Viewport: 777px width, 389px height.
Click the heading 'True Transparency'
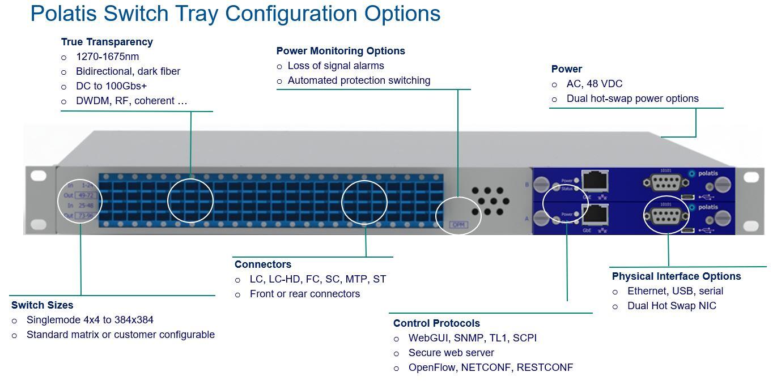tap(107, 42)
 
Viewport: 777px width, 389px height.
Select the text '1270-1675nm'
tap(107, 57)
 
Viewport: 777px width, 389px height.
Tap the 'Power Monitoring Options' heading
tap(341, 51)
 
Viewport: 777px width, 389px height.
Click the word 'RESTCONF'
tap(545, 367)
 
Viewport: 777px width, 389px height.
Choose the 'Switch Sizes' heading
tap(43, 305)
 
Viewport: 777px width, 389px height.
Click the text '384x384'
tap(134, 320)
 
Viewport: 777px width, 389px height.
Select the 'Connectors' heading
tap(262, 264)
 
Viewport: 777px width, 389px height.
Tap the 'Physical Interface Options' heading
tap(676, 276)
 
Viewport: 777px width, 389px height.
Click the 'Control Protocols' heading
tap(436, 323)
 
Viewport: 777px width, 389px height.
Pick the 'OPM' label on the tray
tap(458, 225)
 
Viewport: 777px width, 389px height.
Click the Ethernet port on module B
tap(596, 181)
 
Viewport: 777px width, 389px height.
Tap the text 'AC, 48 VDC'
tap(594, 84)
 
